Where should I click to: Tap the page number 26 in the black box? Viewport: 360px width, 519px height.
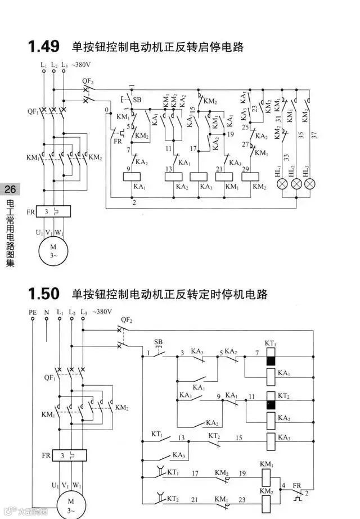click(11, 189)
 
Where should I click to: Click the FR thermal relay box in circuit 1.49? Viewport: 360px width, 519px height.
click(53, 211)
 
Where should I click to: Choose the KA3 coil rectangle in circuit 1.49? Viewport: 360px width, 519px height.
click(200, 176)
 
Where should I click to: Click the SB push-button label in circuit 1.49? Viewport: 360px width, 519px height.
click(137, 100)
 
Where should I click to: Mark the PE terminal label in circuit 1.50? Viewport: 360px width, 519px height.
click(33, 312)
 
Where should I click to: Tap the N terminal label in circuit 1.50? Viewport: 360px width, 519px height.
click(46, 312)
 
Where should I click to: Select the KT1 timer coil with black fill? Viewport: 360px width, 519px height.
click(271, 356)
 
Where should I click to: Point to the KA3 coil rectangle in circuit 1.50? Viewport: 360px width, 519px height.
click(271, 439)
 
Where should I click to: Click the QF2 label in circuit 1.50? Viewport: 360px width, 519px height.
click(127, 320)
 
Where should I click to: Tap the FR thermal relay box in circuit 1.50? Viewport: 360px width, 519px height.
click(70, 455)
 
